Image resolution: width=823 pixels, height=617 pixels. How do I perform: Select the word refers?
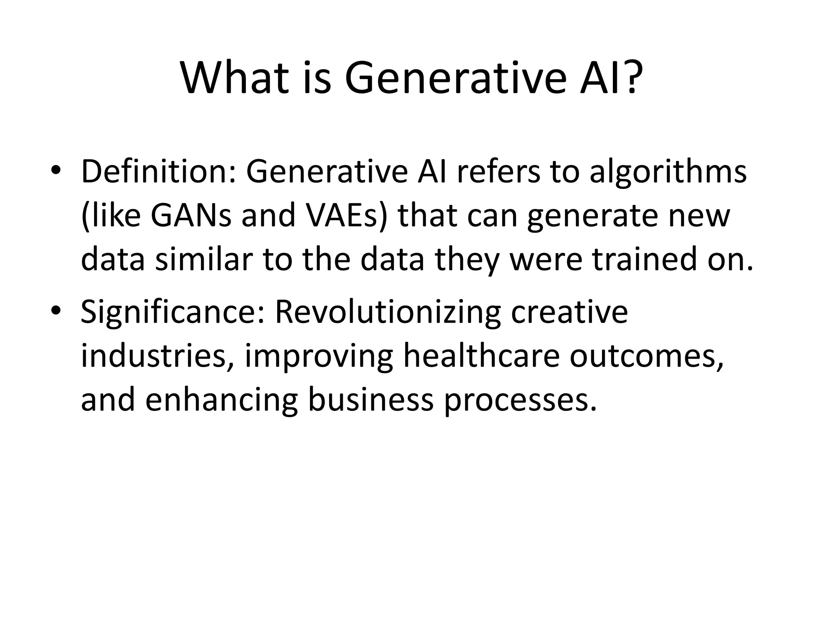[498, 172]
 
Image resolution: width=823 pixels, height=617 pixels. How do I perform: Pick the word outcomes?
[647, 357]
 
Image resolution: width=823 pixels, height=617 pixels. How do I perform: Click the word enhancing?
[221, 400]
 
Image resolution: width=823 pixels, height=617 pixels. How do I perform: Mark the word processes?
[520, 401]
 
